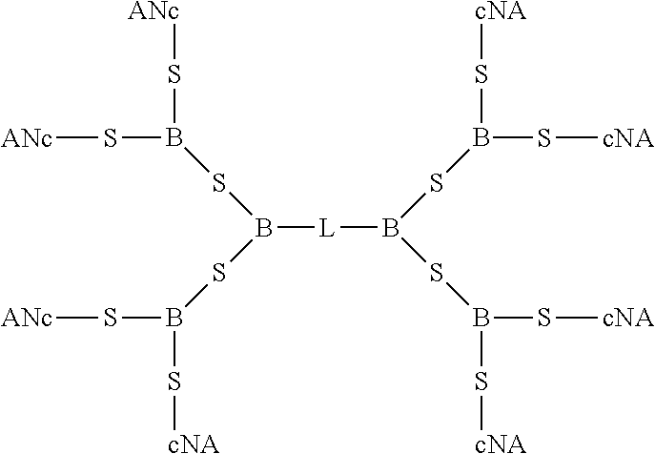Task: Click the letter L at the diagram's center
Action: tap(327, 229)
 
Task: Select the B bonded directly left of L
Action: tap(264, 229)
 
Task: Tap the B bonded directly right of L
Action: tap(390, 229)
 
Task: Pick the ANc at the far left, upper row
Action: tap(27, 139)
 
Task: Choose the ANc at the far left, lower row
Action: tap(27, 318)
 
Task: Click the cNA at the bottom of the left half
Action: tap(194, 444)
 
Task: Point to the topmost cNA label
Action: tap(500, 12)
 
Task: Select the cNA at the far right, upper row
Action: tap(628, 139)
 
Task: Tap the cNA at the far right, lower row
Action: tap(628, 318)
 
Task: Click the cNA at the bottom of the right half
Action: tap(500, 444)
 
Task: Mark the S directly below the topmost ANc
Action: tap(174, 75)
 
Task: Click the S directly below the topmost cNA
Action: tap(481, 75)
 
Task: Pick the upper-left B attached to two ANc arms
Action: tap(174, 139)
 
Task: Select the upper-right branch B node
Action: tap(481, 139)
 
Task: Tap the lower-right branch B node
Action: tap(481, 318)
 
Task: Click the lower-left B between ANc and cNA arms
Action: tap(174, 318)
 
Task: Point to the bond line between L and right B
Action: tap(358, 229)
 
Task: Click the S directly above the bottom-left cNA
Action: tap(174, 382)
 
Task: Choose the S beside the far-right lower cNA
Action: tap(544, 318)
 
